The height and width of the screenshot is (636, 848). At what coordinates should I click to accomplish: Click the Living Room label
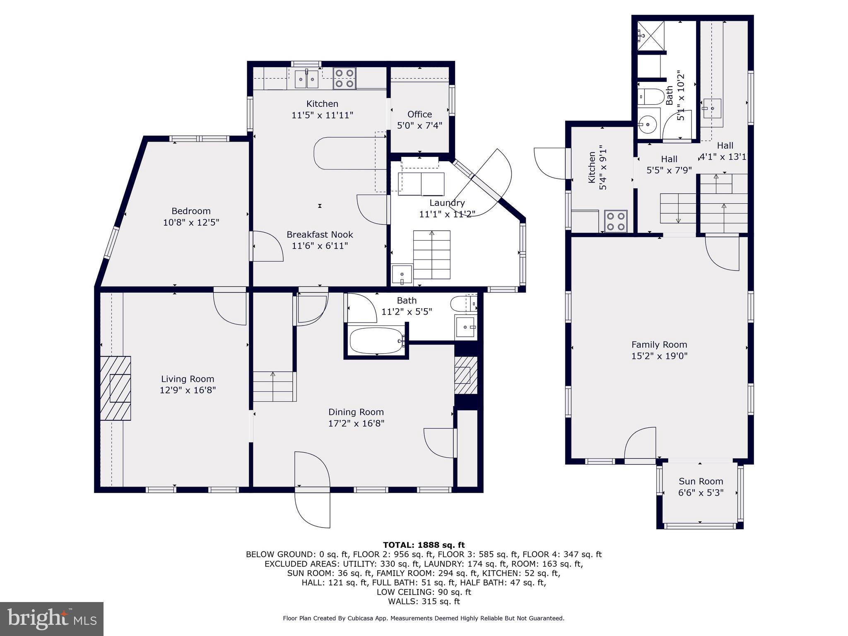(x=188, y=379)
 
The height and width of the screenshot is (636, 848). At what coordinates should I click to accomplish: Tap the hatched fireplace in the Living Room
(x=115, y=388)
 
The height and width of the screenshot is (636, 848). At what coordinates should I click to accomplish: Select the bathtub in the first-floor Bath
(x=376, y=341)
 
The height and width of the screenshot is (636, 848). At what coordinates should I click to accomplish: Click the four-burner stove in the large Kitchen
(x=344, y=78)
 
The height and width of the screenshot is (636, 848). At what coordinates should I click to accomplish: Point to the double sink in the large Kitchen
(x=306, y=79)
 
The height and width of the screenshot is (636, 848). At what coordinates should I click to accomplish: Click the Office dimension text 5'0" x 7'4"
(x=419, y=125)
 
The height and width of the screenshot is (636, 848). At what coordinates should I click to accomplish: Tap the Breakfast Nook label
(x=320, y=234)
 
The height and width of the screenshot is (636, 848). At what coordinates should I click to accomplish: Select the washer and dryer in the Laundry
(x=421, y=184)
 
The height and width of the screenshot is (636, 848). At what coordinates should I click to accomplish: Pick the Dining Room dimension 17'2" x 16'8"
(x=356, y=423)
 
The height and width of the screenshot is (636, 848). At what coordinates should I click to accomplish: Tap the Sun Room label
(x=701, y=481)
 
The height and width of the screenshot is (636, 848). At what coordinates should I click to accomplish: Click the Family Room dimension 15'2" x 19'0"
(x=659, y=356)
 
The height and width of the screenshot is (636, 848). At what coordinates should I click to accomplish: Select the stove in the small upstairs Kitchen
(x=616, y=221)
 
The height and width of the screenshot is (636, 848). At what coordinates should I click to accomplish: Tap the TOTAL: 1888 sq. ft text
(x=424, y=545)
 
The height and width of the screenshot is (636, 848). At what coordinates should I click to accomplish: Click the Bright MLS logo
(x=51, y=619)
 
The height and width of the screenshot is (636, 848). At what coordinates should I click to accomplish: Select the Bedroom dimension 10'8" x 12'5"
(x=191, y=222)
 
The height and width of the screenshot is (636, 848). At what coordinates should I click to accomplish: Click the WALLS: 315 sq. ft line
(x=424, y=601)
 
